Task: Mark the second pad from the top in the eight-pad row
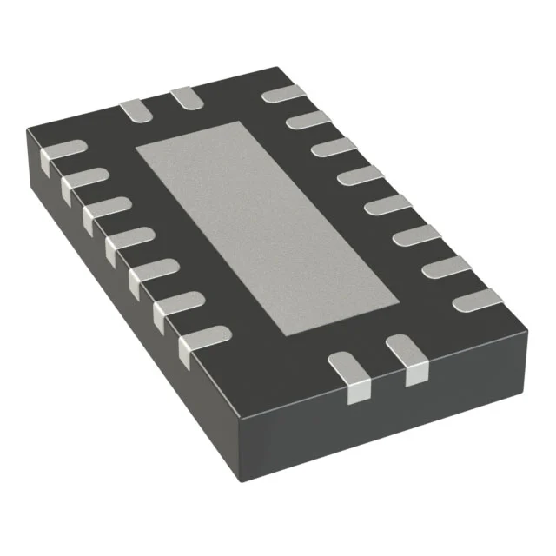click(308, 120)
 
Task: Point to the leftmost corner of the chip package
click(27, 130)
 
